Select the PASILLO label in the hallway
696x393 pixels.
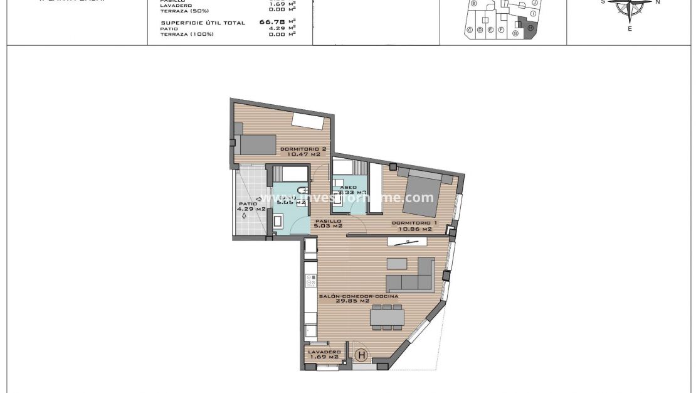[329, 221]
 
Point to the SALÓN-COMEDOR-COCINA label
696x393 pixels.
[358, 296]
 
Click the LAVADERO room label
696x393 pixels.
[324, 352]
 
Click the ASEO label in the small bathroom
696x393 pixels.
[348, 187]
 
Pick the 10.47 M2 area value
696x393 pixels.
[303, 154]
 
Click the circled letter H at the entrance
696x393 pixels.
[361, 355]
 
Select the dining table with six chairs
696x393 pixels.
[386, 318]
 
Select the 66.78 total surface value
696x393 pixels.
[268, 21]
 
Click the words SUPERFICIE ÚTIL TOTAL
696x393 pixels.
[203, 23]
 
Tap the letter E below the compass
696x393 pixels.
[630, 29]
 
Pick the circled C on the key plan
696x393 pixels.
[469, 30]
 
